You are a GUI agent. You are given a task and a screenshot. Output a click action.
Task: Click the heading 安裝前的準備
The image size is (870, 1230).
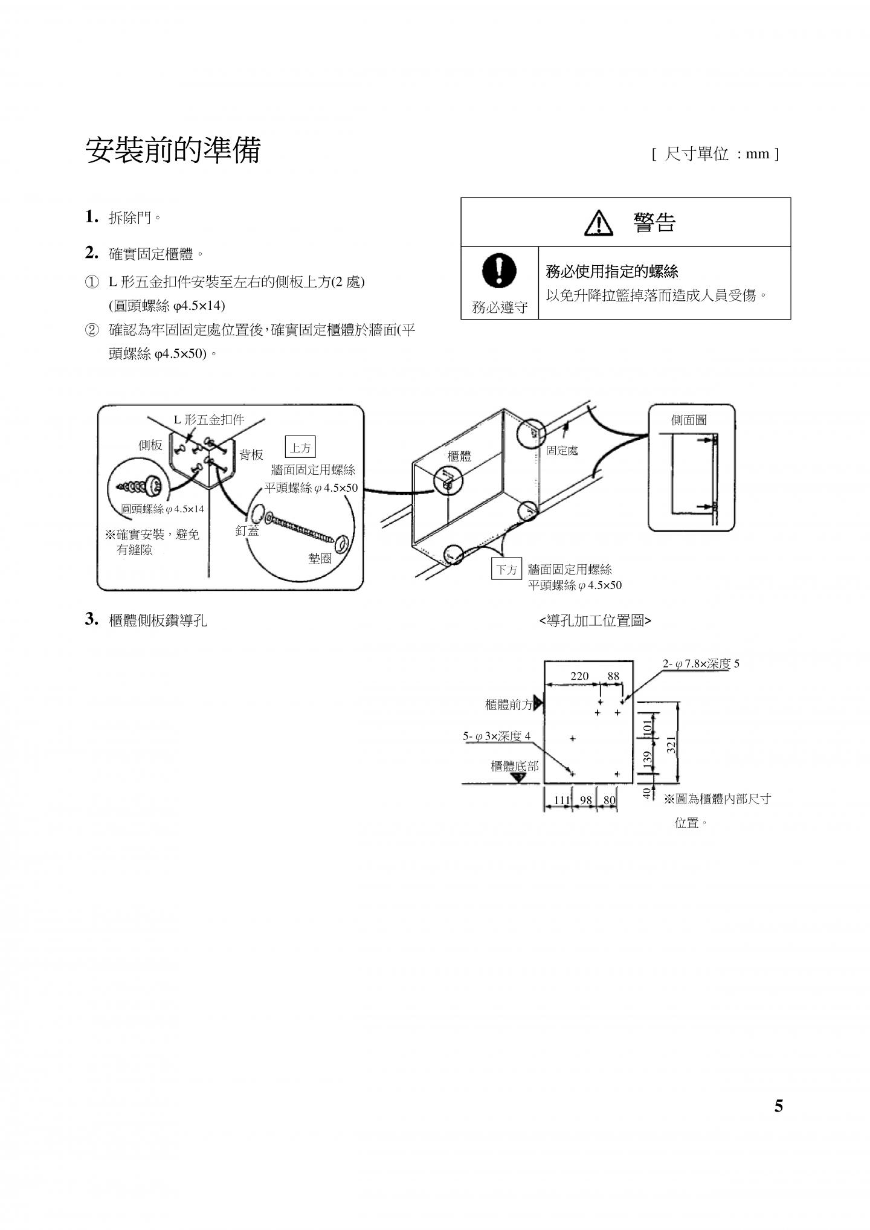click(x=173, y=150)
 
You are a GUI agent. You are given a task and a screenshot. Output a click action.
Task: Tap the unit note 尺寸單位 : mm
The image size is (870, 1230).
click(x=716, y=154)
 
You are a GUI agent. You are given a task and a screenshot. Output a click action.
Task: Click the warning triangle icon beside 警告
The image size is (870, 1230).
click(x=598, y=223)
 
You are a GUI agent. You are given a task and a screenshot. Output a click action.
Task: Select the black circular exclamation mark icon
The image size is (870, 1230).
click(x=499, y=270)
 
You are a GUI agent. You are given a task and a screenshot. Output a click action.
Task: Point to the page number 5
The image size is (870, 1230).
click(x=778, y=1106)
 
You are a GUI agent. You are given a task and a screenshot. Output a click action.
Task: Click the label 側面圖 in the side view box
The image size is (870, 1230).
click(x=689, y=420)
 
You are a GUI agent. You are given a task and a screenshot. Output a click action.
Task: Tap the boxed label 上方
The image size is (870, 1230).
click(x=300, y=448)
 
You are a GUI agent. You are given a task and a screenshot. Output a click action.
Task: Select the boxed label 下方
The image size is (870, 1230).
click(x=506, y=570)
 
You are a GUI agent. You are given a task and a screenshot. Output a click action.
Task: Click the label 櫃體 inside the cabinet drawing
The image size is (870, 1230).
click(x=459, y=456)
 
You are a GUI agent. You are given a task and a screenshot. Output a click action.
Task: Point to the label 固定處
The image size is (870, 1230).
click(x=562, y=451)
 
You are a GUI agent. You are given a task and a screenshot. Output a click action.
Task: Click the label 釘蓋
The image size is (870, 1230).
click(x=247, y=530)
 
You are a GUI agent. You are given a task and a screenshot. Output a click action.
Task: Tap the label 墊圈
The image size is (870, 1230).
click(x=320, y=558)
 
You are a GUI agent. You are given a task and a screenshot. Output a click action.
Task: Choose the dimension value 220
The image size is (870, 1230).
click(x=579, y=676)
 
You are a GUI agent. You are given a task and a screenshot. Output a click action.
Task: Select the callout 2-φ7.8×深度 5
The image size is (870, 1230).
click(x=701, y=664)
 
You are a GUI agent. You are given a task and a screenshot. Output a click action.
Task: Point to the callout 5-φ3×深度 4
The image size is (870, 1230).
click(x=497, y=736)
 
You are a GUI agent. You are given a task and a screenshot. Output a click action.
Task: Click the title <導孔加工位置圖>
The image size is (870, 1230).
click(x=594, y=621)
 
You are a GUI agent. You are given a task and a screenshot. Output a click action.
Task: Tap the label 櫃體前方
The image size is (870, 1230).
click(x=509, y=704)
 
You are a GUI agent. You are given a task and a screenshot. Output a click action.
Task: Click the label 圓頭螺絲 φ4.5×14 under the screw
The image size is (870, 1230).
click(x=163, y=509)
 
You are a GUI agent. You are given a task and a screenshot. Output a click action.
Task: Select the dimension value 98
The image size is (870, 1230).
click(x=585, y=800)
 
